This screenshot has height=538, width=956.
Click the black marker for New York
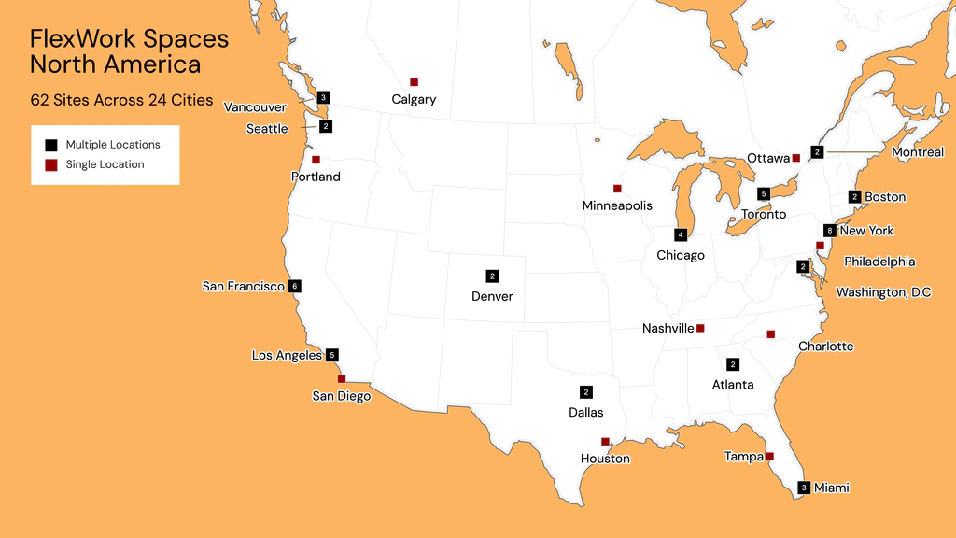click(829, 231)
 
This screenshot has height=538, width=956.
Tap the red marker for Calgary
click(414, 82)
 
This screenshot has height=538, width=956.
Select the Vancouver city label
click(255, 107)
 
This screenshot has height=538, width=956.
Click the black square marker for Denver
click(492, 276)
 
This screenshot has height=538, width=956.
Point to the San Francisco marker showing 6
click(295, 286)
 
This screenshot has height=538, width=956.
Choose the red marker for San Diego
click(342, 378)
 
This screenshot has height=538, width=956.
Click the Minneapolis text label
click(617, 205)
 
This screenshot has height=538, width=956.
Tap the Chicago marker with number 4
click(681, 234)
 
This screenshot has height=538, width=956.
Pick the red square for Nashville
click(700, 328)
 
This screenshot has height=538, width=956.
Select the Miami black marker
click(804, 487)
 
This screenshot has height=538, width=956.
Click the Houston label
click(605, 459)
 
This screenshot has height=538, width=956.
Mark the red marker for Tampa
click(769, 457)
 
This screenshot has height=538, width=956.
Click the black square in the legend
click(51, 145)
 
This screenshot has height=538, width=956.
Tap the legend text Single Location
click(105, 164)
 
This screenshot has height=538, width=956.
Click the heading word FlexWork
click(82, 39)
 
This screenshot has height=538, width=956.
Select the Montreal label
click(918, 152)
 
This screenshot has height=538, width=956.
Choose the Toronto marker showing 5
click(764, 193)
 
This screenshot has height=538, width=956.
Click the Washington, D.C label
click(883, 292)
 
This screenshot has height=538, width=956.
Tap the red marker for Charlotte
click(770, 333)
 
